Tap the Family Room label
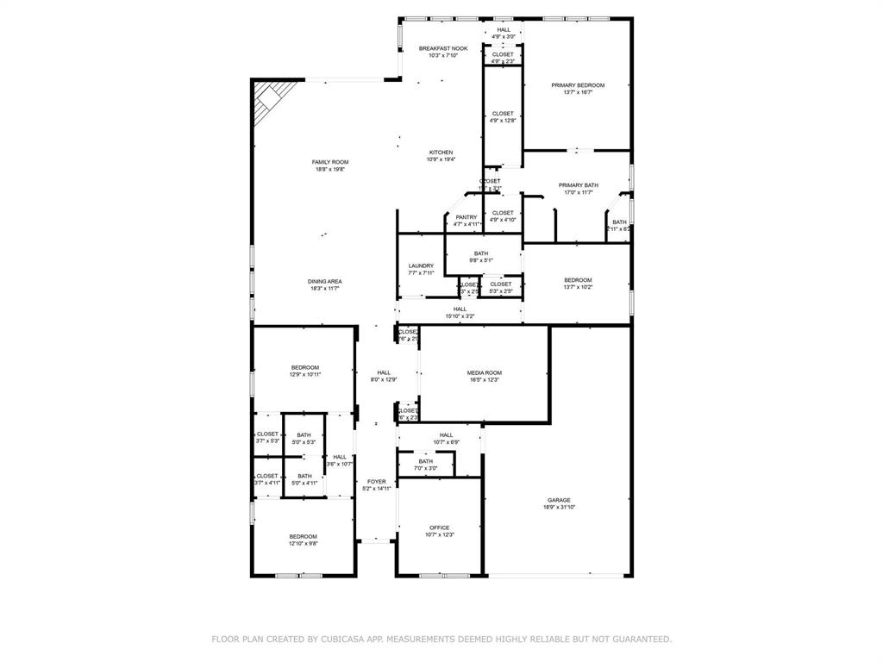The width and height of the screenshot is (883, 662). coord(330,162)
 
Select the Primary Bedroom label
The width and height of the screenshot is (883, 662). coord(578,85)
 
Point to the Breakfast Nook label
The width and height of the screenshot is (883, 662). coord(443,48)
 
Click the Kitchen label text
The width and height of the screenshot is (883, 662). coord(441,153)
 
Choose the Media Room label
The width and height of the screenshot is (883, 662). coord(485,372)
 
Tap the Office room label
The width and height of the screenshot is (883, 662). coord(440,528)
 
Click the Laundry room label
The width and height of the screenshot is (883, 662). coord(421,265)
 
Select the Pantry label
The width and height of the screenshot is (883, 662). coord(467,217)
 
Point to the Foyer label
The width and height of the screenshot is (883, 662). coord(377,482)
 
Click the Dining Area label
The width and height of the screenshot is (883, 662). coord(325,282)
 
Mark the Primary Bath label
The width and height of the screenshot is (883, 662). coord(578,185)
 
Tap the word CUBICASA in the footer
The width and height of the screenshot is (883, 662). coord(343,639)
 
